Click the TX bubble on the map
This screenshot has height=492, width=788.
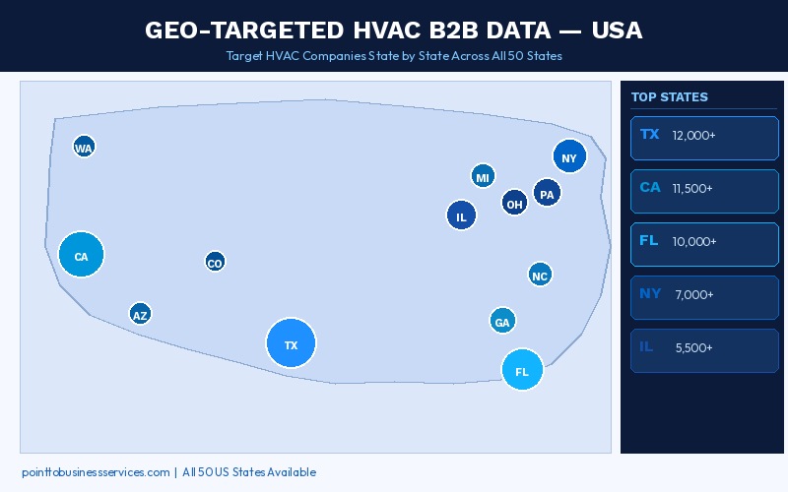click(291, 344)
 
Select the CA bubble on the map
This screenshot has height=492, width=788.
click(81, 256)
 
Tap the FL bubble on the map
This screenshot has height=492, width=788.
click(522, 370)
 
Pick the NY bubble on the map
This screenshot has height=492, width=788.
click(569, 156)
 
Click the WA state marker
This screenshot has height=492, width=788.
click(84, 148)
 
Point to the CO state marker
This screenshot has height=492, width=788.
click(215, 262)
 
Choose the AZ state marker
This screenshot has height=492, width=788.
click(140, 315)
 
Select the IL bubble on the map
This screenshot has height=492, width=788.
click(461, 215)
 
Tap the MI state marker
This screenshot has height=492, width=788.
click(483, 177)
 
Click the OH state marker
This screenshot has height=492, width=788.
click(514, 204)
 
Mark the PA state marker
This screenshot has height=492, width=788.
click(548, 194)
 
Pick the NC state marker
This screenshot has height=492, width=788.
click(540, 276)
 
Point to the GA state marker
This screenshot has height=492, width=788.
click(502, 321)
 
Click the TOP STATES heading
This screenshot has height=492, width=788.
click(669, 97)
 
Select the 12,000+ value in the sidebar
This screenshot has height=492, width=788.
click(693, 135)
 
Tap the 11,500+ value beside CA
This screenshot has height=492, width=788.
click(693, 188)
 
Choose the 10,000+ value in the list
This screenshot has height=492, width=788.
click(693, 241)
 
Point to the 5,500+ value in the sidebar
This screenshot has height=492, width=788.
click(694, 347)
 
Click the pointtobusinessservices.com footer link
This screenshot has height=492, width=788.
click(96, 472)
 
